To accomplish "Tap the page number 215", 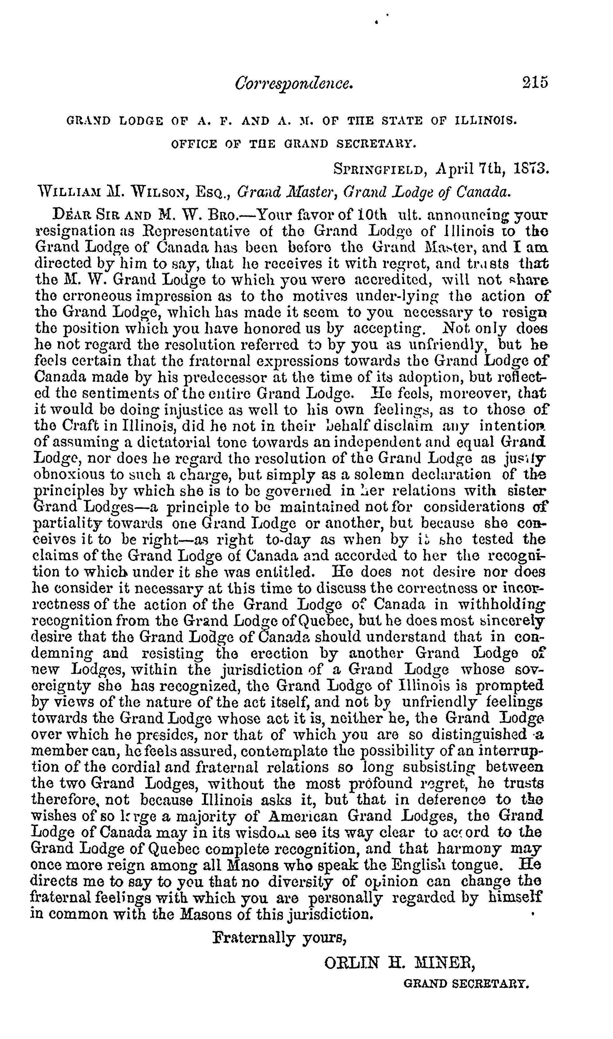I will tap(535, 83).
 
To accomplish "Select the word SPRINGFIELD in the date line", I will tap(378, 169).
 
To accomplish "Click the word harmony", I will tap(468, 848).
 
